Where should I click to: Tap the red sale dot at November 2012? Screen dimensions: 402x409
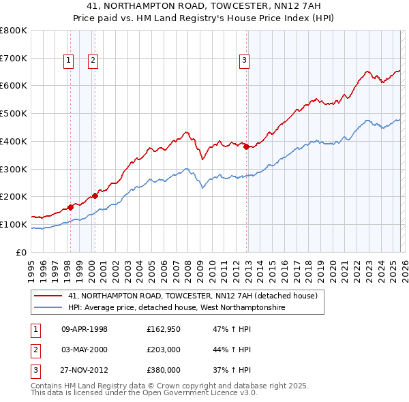coord(247,146)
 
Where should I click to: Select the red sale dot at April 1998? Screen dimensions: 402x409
coord(70,206)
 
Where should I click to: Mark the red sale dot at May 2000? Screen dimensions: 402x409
coord(95,196)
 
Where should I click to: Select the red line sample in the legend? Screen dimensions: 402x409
coord(48,296)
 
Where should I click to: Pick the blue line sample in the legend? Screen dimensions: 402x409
coord(48,308)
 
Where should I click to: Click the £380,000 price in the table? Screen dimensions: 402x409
coord(164,370)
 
